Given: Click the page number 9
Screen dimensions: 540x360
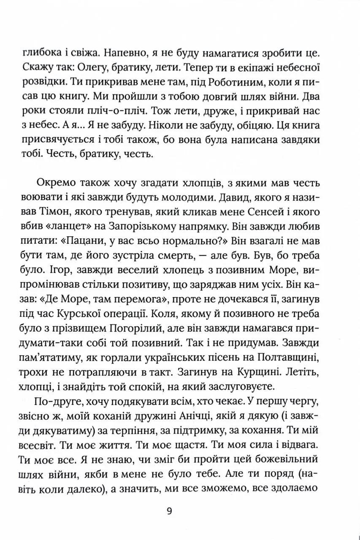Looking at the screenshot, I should click(x=169, y=512).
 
